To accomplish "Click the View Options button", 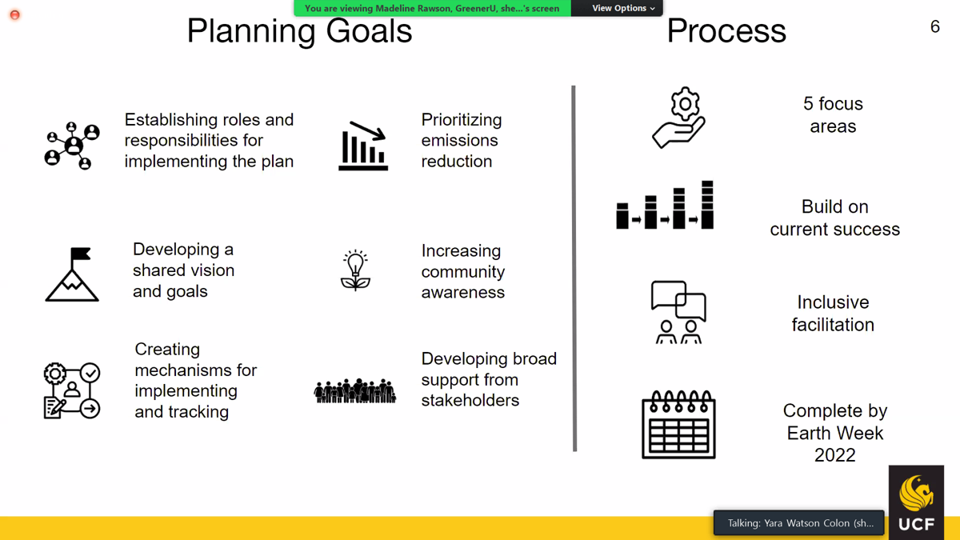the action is (x=623, y=8).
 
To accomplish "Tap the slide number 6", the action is (x=935, y=26).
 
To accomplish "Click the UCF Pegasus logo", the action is (x=916, y=502).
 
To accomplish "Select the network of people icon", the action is (x=72, y=146).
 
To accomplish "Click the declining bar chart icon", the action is (x=363, y=146).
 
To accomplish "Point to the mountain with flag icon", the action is (x=72, y=274).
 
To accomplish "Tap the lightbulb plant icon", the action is (x=355, y=270).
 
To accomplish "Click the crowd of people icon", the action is (x=355, y=391).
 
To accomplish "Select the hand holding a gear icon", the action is (x=679, y=118).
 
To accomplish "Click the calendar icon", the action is (x=679, y=424).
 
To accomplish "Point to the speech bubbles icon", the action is (x=678, y=312).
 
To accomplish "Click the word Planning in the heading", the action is (x=251, y=32).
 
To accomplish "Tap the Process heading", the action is (x=726, y=31).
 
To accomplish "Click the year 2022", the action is (x=835, y=455).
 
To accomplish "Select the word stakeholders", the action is (x=470, y=400).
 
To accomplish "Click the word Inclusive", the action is (x=833, y=302).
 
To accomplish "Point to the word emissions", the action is (x=459, y=140).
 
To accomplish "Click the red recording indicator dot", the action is (x=14, y=15).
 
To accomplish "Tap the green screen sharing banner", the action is (x=432, y=8).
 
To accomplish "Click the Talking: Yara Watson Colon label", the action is (x=800, y=523).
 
